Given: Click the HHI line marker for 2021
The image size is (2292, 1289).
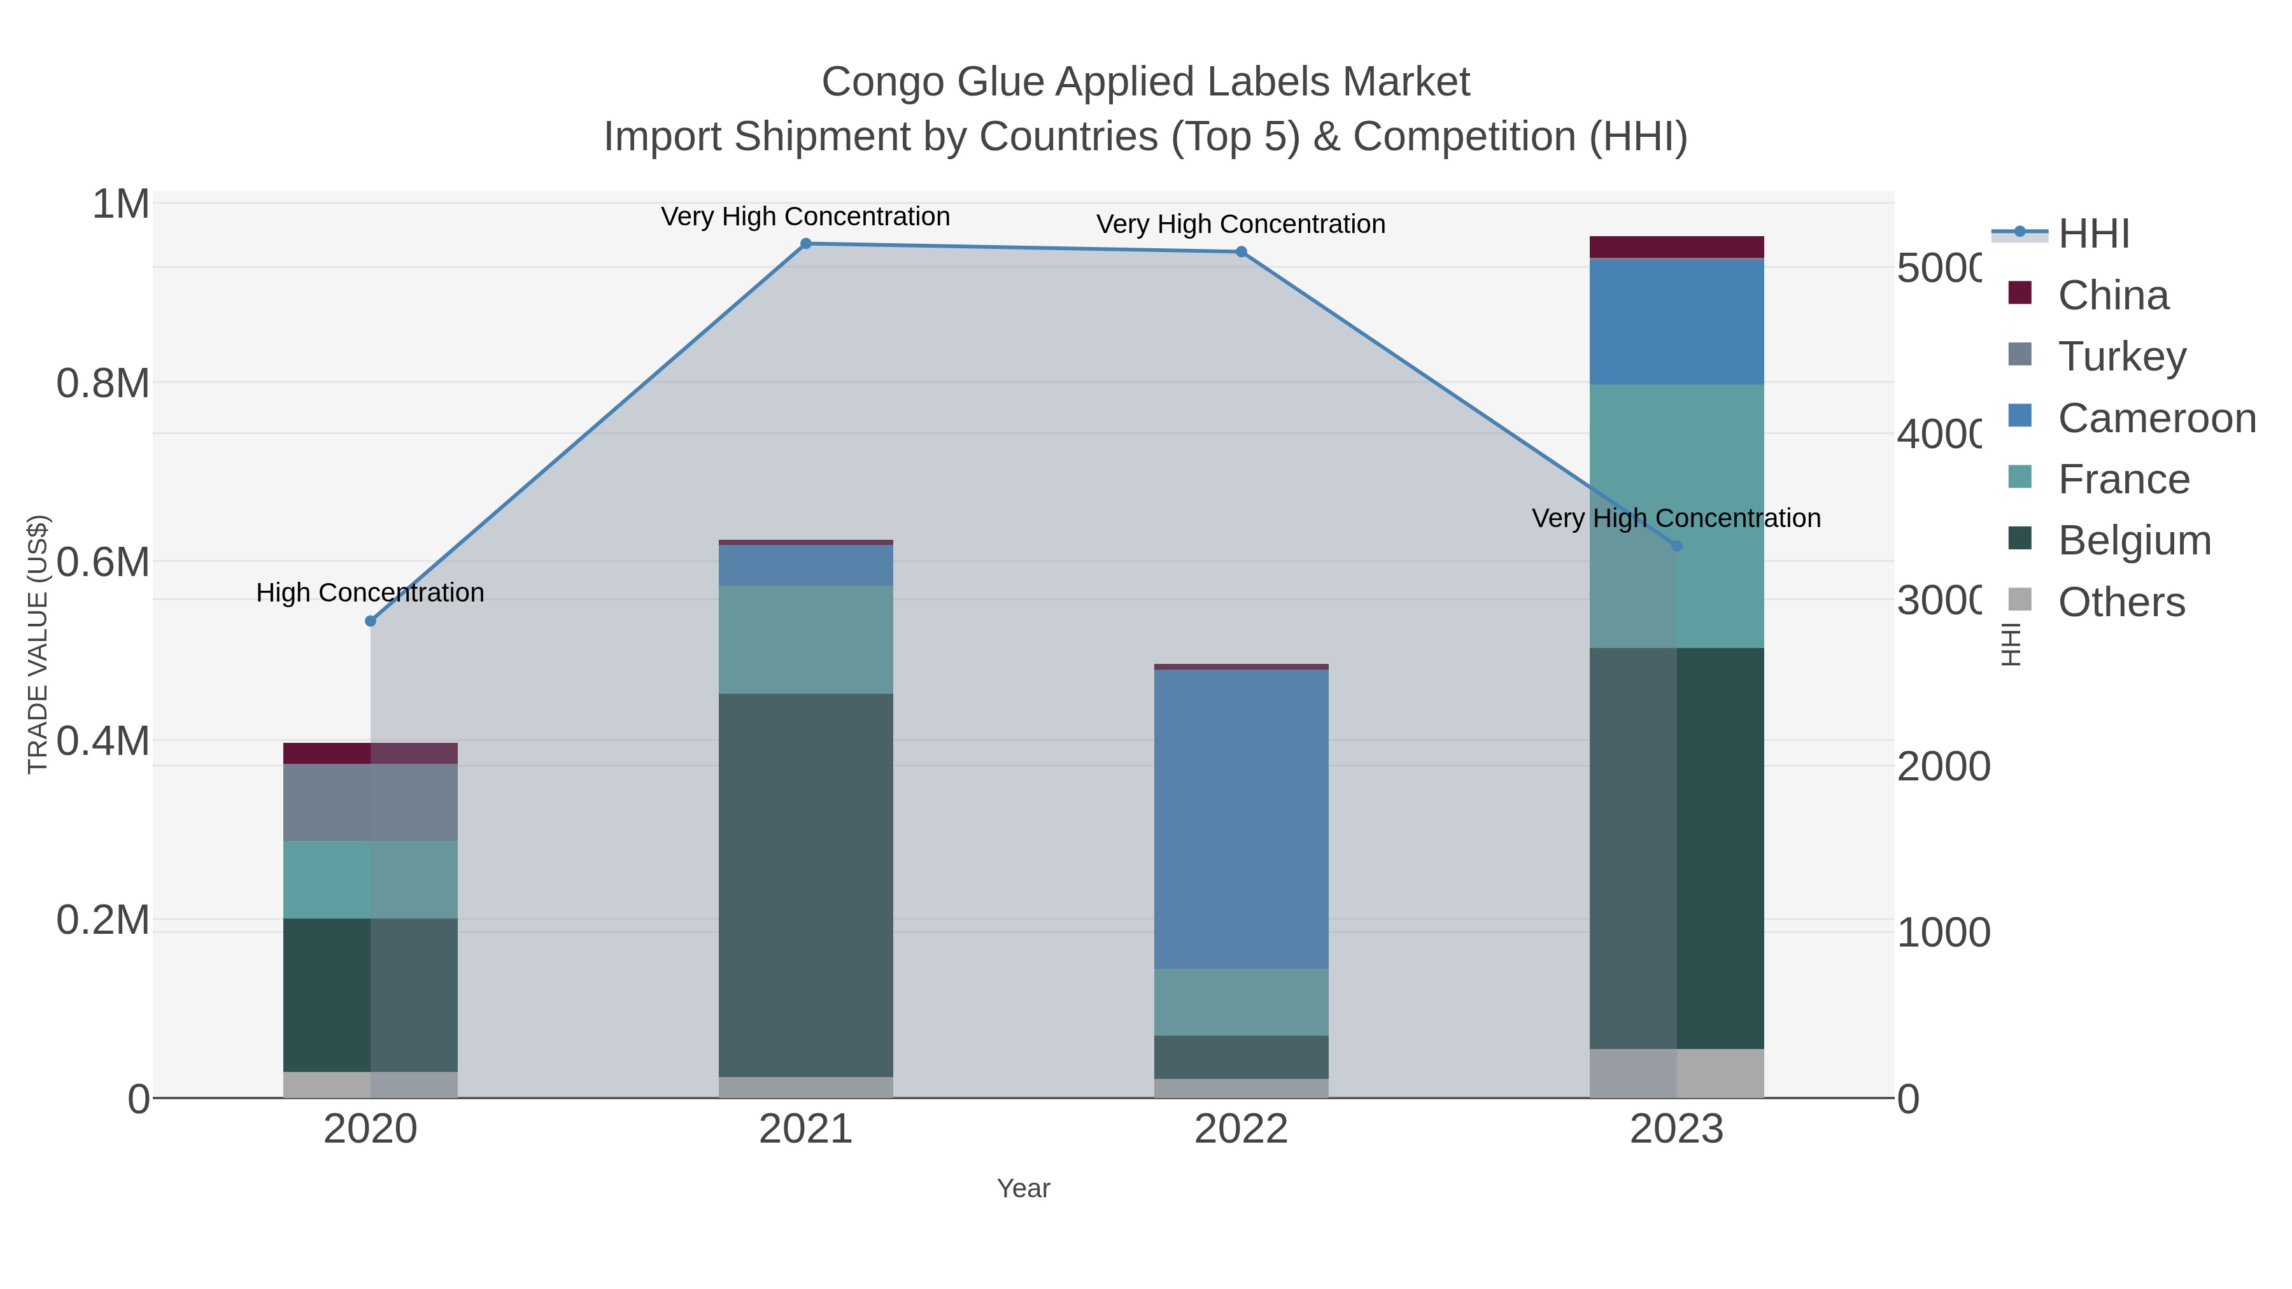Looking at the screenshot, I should point(805,244).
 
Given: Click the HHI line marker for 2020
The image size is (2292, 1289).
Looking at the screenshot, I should point(370,621).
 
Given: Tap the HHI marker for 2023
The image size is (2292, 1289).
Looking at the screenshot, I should point(1676,546).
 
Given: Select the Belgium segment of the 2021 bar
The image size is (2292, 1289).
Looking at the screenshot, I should point(805,885).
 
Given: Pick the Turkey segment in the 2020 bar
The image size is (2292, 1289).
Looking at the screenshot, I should point(370,803).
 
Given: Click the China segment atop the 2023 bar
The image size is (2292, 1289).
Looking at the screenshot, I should point(1676,248).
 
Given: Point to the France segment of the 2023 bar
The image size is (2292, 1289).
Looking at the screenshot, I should point(1676,516).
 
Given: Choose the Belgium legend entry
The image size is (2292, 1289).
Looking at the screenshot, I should point(2133,541).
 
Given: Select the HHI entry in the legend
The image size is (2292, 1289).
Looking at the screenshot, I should point(2093,234).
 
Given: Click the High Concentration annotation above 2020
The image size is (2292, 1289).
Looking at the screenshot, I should point(370,593).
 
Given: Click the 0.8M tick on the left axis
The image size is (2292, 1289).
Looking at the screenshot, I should point(103,384).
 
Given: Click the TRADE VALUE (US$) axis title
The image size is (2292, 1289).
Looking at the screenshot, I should point(38,644).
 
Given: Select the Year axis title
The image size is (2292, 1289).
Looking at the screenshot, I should point(1023,1188).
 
